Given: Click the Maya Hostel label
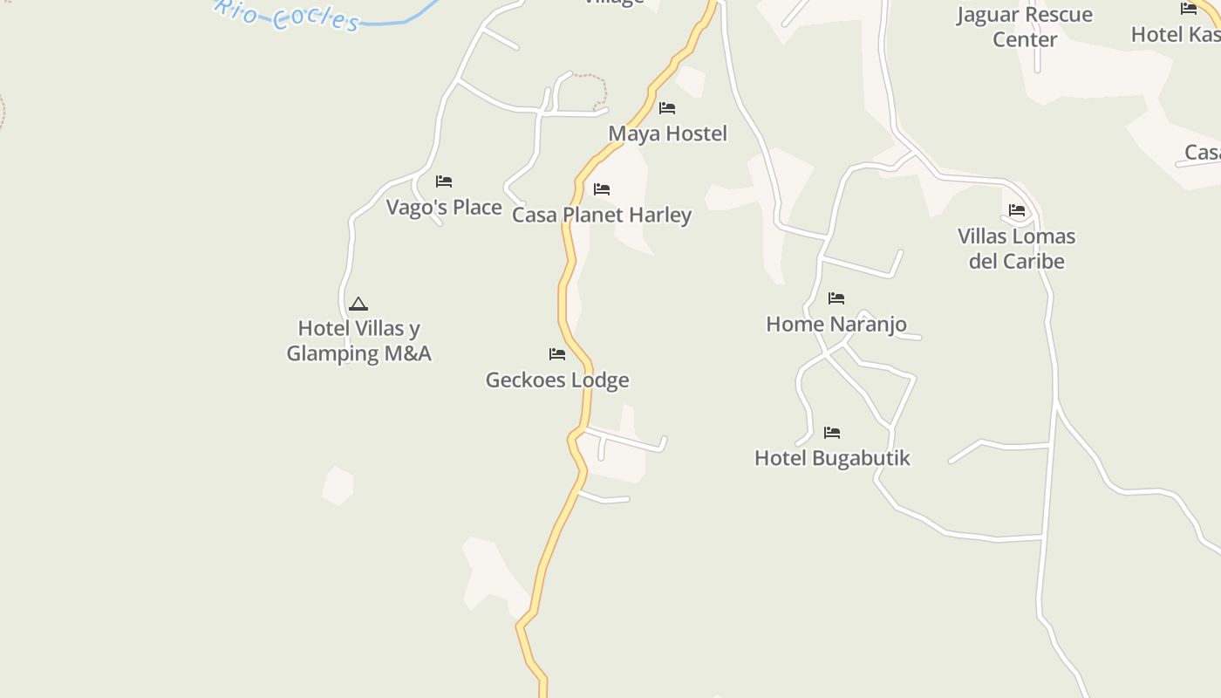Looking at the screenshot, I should pos(667,133).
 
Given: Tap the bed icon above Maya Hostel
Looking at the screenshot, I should pos(667,108).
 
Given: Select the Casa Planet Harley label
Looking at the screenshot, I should pos(601,215).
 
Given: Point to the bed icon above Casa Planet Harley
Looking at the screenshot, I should pos(602,189).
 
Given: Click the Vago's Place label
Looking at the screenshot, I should pos(444,207).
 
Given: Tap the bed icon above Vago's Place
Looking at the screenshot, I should pos(444,181).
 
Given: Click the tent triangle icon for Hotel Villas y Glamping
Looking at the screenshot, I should pos(358,304).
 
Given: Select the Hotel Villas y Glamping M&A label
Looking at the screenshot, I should pos(358,341).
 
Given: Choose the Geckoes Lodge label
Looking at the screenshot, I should pos(557,380).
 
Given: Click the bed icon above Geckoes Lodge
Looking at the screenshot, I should pos(557,354).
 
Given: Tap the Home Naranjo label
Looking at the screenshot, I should pos(836,324).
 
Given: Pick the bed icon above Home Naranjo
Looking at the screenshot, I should pos(836,298).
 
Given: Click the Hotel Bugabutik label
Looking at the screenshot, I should pos(832,458).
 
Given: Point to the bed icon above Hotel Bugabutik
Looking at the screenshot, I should pos(832,433).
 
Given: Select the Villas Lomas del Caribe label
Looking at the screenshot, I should pos(1016,249).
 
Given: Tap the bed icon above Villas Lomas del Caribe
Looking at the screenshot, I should pos(1017,210).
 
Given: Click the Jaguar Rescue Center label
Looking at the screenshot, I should pos(1025,27).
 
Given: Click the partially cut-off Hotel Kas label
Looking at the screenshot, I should pos(1175,34).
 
